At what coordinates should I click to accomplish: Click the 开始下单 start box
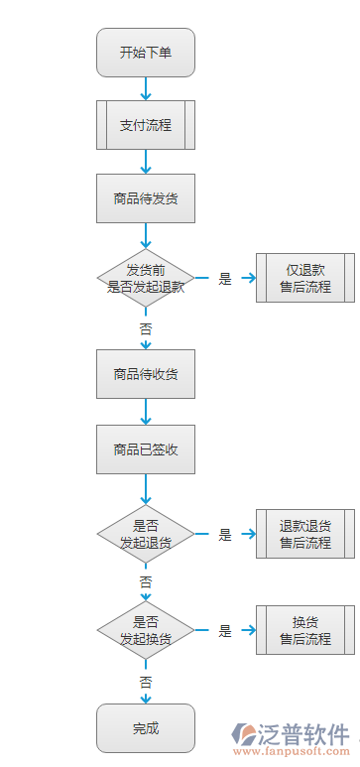point(146,53)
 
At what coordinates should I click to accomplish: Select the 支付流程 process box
point(146,125)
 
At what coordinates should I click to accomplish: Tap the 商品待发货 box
point(146,198)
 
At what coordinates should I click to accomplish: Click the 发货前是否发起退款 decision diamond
point(146,278)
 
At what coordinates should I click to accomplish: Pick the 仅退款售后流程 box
point(304,278)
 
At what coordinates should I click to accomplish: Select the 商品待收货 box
point(146,374)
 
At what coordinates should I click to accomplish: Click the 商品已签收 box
point(146,448)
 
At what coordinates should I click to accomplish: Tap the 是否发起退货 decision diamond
point(146,534)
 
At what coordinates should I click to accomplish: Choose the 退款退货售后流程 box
point(304,534)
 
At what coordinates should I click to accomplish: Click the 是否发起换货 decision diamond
point(146,630)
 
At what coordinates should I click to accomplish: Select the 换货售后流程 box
point(304,630)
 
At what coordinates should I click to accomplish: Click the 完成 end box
point(146,728)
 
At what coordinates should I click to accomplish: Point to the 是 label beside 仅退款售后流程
point(225,279)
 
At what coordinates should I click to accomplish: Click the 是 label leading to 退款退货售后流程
point(225,535)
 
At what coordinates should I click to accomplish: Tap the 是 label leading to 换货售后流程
point(225,631)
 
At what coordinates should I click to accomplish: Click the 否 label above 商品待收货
point(146,327)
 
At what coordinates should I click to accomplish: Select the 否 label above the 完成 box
point(146,682)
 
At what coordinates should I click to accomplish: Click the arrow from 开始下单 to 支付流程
point(146,88)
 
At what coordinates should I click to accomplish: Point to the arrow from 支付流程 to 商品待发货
point(146,162)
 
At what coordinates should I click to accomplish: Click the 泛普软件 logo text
point(303,735)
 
